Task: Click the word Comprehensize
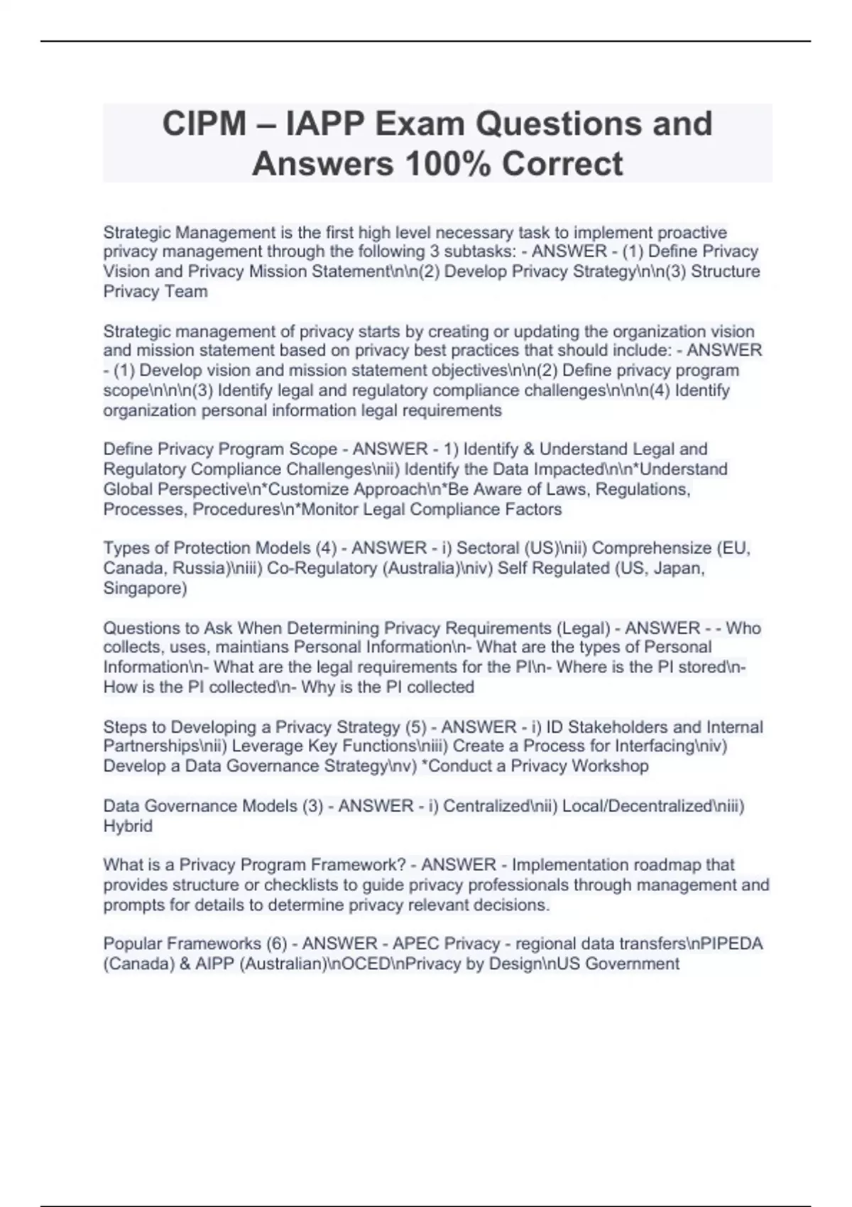point(652,548)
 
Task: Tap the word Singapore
point(145,589)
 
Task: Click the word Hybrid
point(128,826)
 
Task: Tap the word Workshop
point(610,766)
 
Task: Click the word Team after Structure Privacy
point(186,291)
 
